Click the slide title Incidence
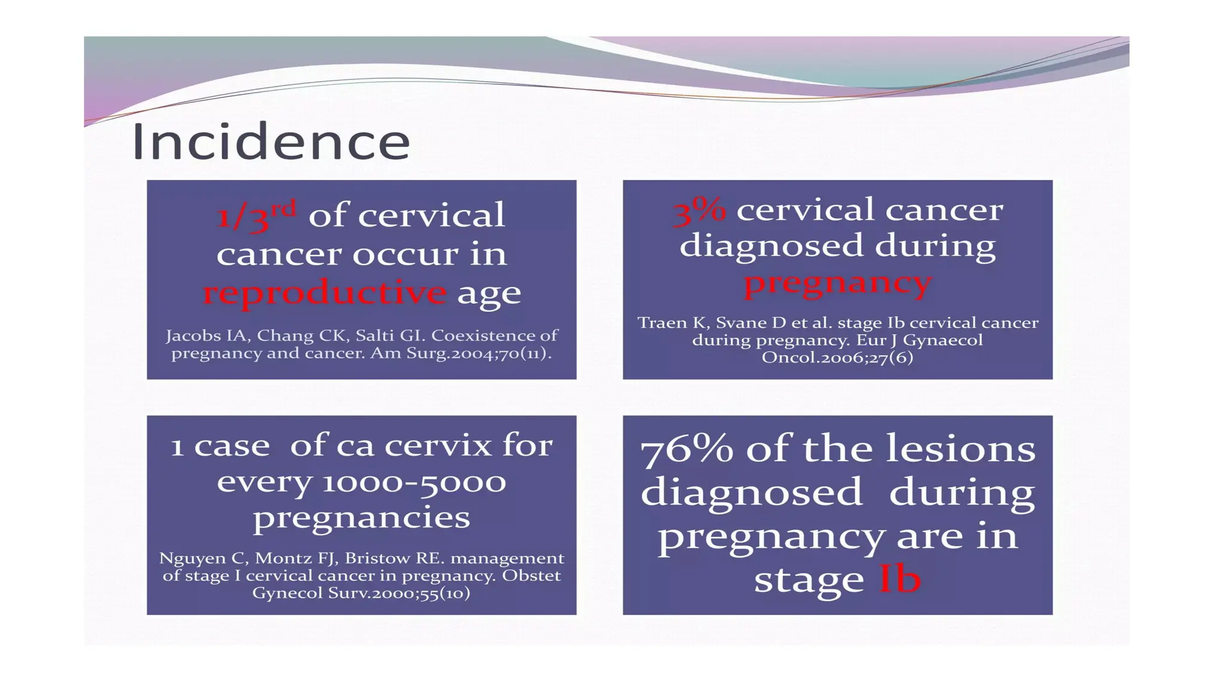tap(271, 142)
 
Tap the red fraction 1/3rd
tap(256, 216)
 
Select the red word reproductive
tap(325, 293)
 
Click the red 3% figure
tap(699, 211)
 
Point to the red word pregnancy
tap(837, 282)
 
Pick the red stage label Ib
tap(899, 579)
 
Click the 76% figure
tap(687, 450)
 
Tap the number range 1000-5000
tap(414, 482)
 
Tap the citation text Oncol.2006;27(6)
tap(837, 358)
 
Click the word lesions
tap(960, 449)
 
